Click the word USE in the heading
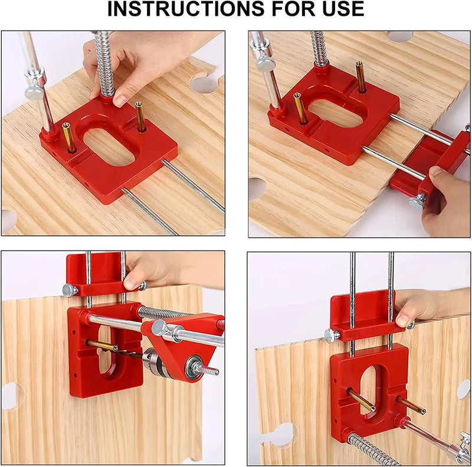[x=337, y=9]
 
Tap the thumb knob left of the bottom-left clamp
[x=70, y=290]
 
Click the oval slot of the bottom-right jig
[x=370, y=377]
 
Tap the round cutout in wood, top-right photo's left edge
[x=255, y=188]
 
